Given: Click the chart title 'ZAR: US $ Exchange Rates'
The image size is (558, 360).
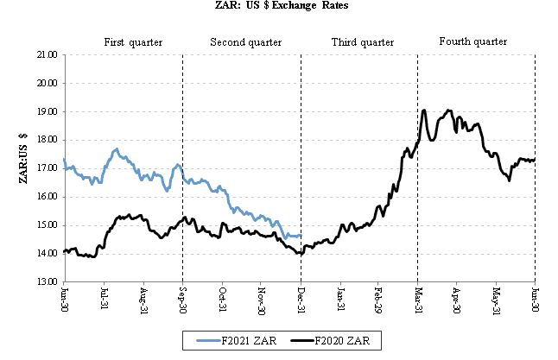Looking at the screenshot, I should pyautogui.click(x=279, y=6).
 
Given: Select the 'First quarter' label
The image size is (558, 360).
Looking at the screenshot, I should pyautogui.click(x=133, y=42).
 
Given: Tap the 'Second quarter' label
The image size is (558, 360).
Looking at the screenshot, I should pyautogui.click(x=244, y=42).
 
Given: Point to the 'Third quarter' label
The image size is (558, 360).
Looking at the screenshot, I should pyautogui.click(x=363, y=42).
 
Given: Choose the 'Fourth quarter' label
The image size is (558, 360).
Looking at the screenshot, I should pyautogui.click(x=472, y=41).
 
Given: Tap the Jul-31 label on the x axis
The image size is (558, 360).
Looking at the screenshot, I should pyautogui.click(x=104, y=299).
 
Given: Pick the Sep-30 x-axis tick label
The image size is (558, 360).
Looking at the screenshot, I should pyautogui.click(x=182, y=299).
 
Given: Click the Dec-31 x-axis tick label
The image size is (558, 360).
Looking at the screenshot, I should pyautogui.click(x=300, y=299).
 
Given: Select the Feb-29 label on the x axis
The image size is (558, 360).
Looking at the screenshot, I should pyautogui.click(x=378, y=299).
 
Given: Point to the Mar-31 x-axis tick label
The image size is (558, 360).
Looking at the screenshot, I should pyautogui.click(x=417, y=299).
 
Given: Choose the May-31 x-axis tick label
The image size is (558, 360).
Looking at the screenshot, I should pyautogui.click(x=496, y=299).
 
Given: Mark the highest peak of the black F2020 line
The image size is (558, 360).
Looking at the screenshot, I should pyautogui.click(x=424, y=111).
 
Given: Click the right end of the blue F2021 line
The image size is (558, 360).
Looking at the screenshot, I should pyautogui.click(x=300, y=236).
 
